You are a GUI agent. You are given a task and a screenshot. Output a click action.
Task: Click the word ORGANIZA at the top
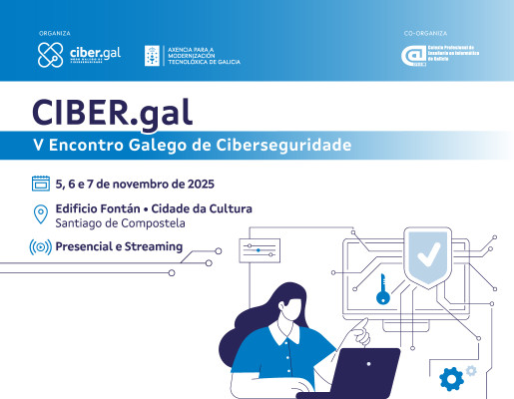(55, 32)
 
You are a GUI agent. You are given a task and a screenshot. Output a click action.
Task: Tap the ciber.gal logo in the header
(79, 56)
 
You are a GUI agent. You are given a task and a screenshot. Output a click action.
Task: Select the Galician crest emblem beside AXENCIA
(154, 56)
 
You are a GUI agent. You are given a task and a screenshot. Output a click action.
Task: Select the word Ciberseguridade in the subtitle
(292, 146)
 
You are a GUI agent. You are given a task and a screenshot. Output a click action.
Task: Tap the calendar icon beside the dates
(41, 184)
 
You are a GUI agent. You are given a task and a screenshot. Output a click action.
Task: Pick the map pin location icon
(41, 213)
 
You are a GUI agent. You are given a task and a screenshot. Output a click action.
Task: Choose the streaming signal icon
(41, 246)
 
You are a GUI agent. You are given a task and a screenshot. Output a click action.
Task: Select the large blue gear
(452, 377)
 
